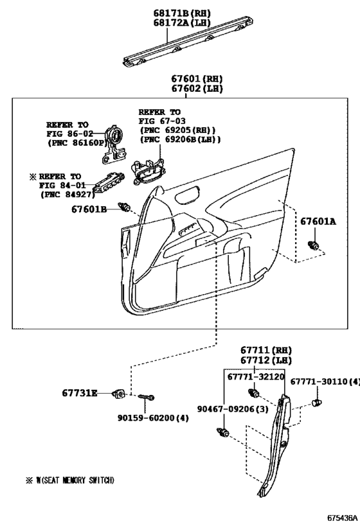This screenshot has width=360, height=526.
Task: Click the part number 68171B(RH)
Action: (182, 13)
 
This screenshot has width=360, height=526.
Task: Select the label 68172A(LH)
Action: (182, 22)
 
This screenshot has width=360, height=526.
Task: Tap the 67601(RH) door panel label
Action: (197, 78)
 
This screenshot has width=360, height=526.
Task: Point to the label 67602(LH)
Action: (197, 88)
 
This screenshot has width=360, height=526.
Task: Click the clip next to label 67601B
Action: (124, 207)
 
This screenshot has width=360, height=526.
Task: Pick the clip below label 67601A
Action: (314, 245)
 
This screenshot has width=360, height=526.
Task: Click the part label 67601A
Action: (318, 222)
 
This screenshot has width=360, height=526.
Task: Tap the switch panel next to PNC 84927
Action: (108, 183)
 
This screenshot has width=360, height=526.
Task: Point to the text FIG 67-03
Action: (162, 121)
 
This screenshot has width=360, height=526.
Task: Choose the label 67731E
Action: (80, 392)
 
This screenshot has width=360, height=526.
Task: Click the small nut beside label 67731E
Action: (119, 394)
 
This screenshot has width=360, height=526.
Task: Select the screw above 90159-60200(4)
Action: (146, 397)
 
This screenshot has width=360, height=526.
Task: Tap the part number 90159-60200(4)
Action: (153, 417)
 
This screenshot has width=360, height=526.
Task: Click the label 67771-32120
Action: (256, 376)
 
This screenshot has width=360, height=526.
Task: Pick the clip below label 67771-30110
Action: (316, 402)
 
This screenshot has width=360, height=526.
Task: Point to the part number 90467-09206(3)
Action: (233, 408)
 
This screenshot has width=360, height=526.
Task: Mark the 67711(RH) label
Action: (266, 350)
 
